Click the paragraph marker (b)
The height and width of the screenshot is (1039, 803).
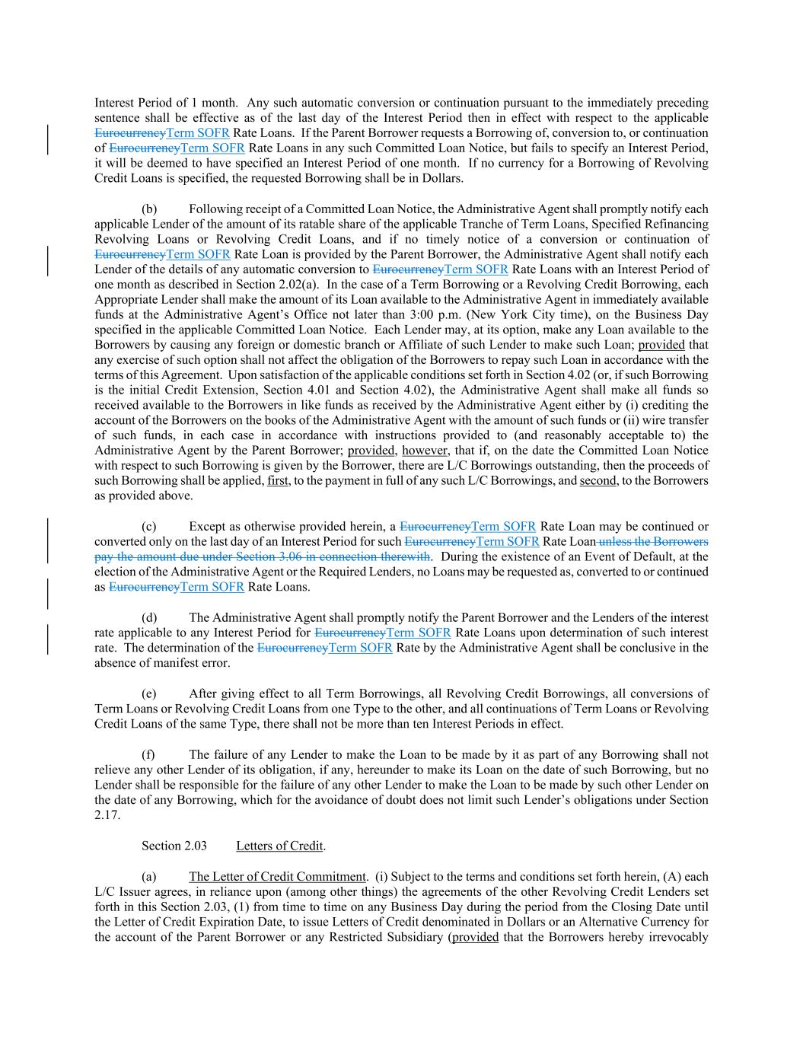[149, 209]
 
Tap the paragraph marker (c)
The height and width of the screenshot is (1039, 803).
[149, 527]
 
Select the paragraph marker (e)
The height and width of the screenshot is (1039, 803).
[149, 694]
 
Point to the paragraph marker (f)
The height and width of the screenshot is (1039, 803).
[148, 755]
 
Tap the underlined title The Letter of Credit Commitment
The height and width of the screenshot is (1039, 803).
[277, 877]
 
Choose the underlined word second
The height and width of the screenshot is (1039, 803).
[597, 481]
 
